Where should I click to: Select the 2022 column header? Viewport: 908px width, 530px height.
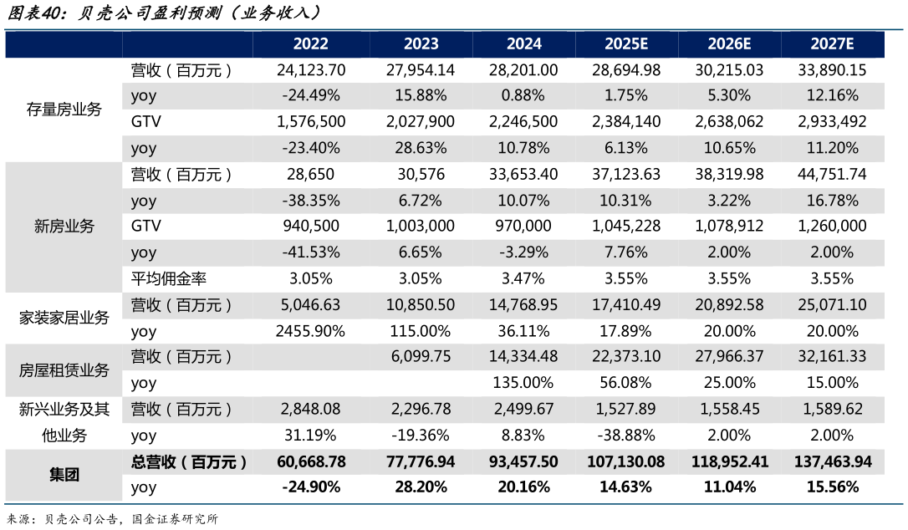311,44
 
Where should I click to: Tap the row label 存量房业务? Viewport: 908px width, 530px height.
64,110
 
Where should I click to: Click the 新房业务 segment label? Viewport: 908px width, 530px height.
64,227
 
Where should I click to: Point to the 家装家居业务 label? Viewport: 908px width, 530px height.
64,318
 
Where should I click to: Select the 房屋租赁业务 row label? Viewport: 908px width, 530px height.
64,369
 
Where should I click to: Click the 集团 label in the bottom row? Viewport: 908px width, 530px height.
64,474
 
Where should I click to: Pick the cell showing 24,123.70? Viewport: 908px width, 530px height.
311,70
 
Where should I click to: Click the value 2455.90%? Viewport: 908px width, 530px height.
311,331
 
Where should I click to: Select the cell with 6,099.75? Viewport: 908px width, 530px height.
421,357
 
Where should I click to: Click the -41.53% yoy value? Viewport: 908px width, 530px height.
311,252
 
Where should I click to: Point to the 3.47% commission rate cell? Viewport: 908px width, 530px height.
524,278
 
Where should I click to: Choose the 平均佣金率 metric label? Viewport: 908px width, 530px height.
162,278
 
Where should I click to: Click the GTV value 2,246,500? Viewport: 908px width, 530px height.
524,122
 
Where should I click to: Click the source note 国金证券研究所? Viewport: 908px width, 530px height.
176,519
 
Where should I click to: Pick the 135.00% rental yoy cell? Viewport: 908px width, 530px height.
524,383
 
